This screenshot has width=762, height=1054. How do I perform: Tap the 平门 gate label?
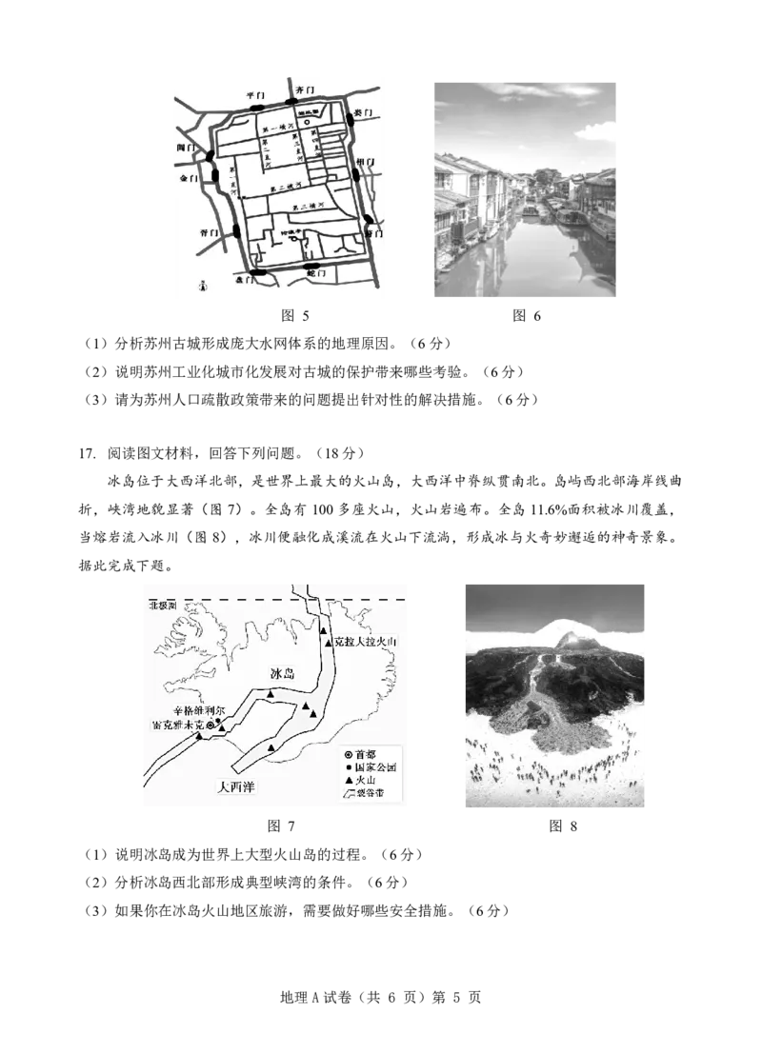[x=254, y=96]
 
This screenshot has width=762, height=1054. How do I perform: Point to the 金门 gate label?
[x=189, y=178]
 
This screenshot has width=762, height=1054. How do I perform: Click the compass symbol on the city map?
[x=203, y=284]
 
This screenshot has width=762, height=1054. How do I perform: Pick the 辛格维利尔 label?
[x=194, y=710]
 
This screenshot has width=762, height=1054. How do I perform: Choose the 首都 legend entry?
[x=361, y=754]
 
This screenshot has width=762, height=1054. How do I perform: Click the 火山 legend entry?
[x=360, y=780]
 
